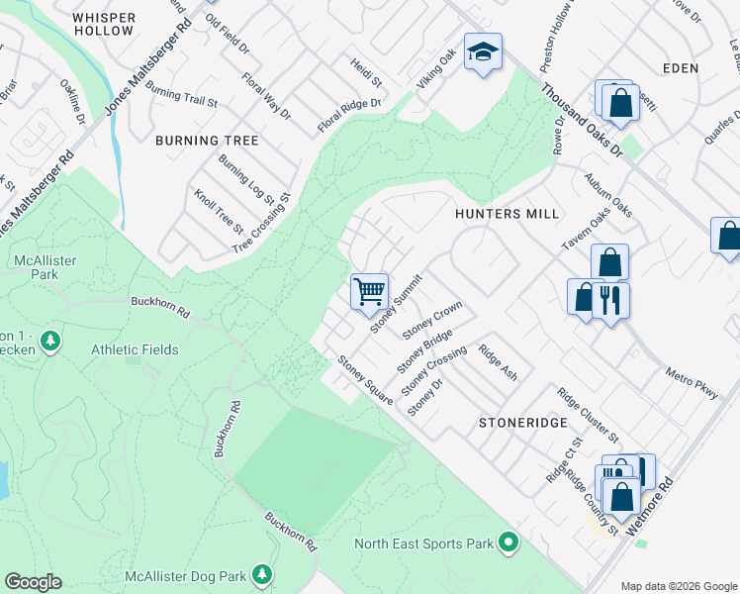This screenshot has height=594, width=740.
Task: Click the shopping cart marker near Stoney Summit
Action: [x=369, y=291]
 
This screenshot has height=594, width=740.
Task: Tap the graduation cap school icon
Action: [x=483, y=53]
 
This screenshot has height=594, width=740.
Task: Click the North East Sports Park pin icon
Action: [x=509, y=543]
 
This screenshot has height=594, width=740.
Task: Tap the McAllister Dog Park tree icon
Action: [x=261, y=575]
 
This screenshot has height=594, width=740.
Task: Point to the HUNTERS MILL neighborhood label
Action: [x=507, y=214]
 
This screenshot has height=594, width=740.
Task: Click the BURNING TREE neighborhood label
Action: [x=207, y=141]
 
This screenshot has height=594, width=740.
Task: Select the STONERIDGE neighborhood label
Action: [x=523, y=422]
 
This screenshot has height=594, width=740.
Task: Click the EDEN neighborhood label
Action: [x=683, y=68]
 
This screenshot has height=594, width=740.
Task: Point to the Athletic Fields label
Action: [x=135, y=349]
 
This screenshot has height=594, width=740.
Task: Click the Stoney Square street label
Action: [x=365, y=379]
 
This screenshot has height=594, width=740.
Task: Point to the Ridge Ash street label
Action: [x=498, y=362]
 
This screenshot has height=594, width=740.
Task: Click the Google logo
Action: [x=33, y=582]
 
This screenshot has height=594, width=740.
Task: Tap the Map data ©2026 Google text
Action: [x=679, y=586]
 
